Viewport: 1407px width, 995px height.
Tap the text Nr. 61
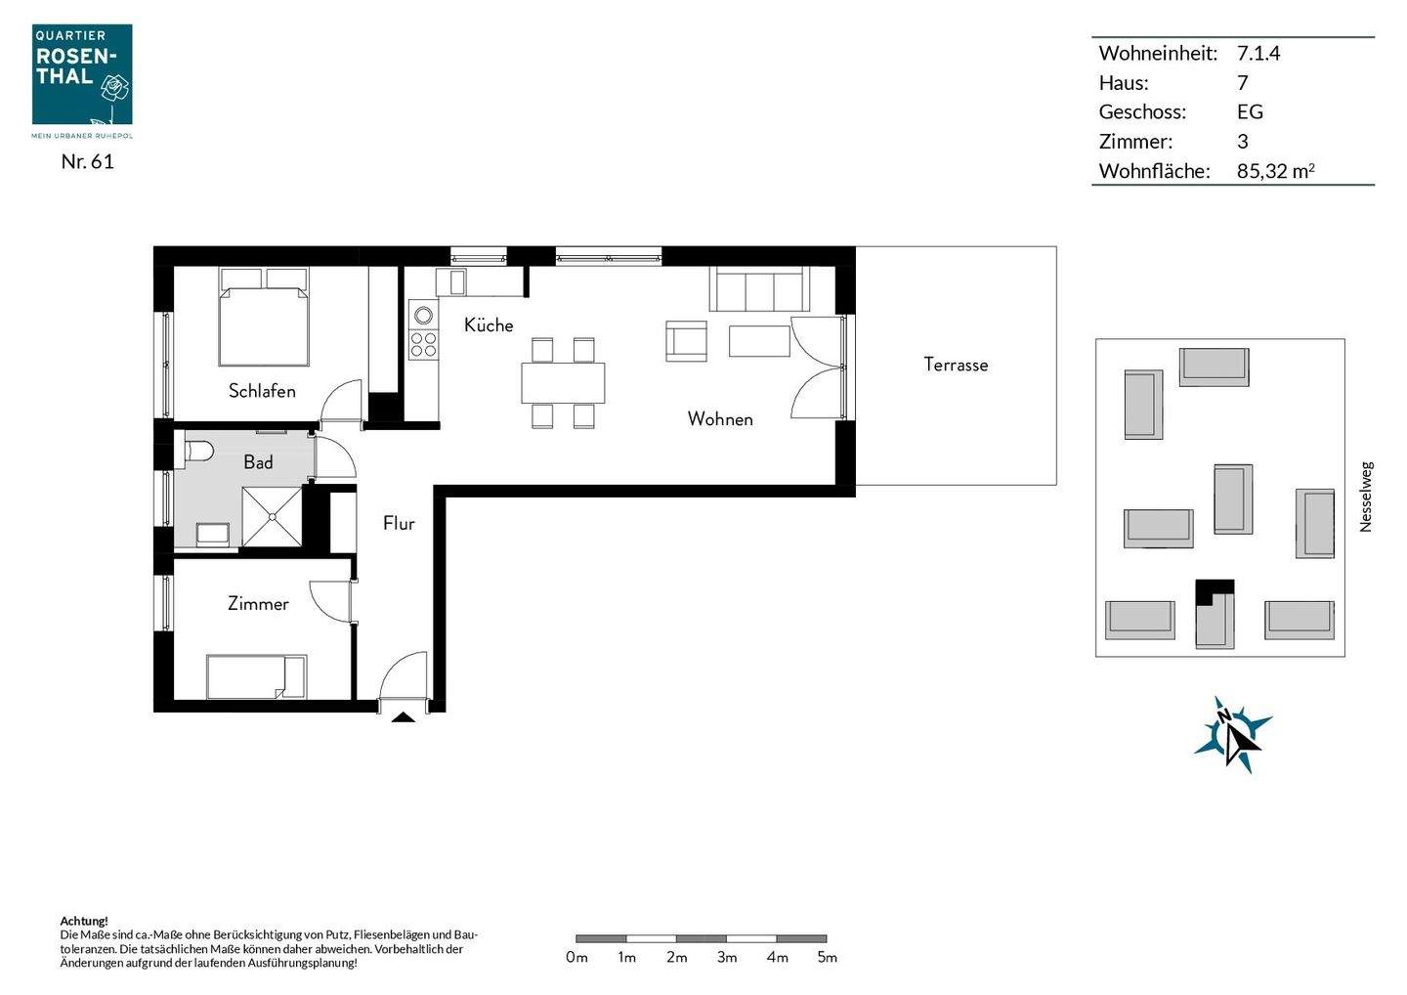tap(87, 162)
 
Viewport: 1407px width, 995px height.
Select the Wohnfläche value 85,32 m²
tap(1275, 171)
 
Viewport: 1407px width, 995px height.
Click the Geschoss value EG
tap(1250, 112)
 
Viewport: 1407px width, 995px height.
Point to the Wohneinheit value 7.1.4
tap(1258, 54)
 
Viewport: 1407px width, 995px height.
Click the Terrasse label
tap(956, 365)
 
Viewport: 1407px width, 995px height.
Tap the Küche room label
tap(489, 325)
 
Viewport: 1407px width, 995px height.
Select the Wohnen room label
tap(720, 419)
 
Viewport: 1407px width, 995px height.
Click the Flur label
tap(399, 524)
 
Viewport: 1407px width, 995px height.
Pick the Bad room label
tap(258, 462)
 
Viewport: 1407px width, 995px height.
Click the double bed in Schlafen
tap(264, 318)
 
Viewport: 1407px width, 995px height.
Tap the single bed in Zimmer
tap(256, 676)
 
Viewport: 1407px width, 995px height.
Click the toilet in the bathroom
tap(198, 453)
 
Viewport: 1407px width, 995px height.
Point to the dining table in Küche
tap(563, 382)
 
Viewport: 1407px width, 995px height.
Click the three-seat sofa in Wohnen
tap(758, 289)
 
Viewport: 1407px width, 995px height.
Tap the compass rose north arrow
tap(1233, 734)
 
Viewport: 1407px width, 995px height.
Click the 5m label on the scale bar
tap(827, 958)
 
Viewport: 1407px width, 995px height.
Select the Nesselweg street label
tap(1366, 497)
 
